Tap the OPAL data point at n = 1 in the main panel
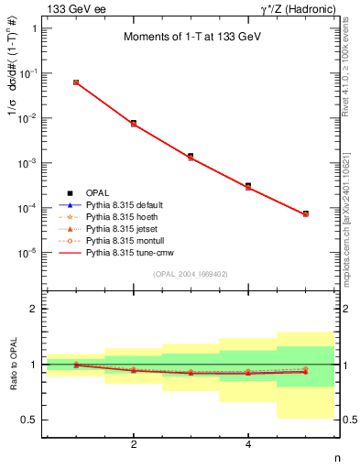point(76,82)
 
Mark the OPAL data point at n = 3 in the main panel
point(191,157)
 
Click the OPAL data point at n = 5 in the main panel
point(305,213)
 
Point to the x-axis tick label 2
point(134,445)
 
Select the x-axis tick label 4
point(248,445)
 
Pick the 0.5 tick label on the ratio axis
point(28,420)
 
